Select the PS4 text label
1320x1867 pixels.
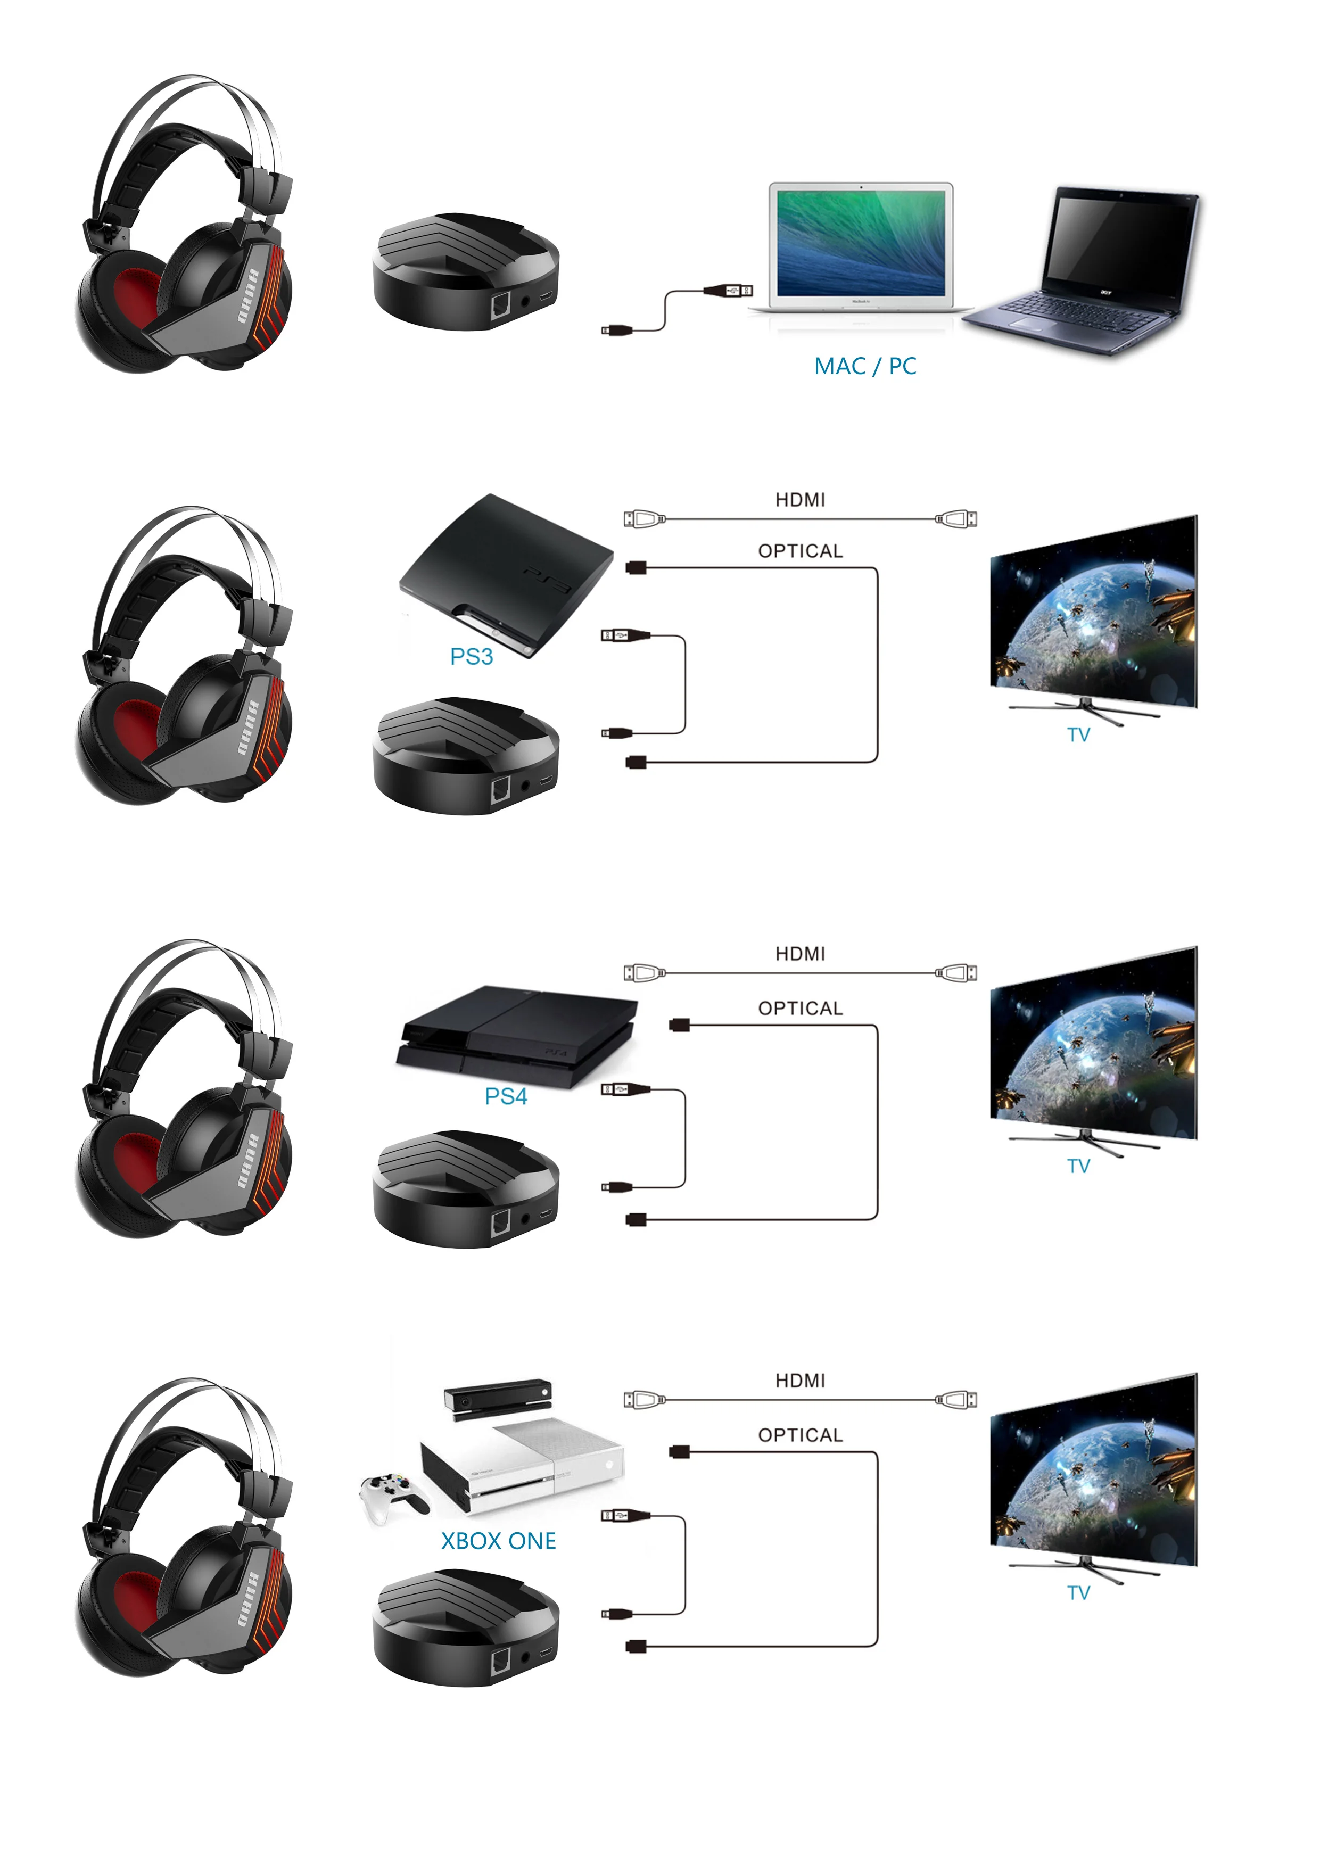506,1096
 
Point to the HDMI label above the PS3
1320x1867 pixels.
801,500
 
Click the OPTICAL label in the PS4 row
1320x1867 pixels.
801,1009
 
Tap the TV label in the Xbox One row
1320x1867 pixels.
1078,1593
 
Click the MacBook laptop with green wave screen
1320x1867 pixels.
861,248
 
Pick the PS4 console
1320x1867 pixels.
516,1037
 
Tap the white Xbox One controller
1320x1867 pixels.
393,1496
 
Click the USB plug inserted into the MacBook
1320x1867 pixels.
729,290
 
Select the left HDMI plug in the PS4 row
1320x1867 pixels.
644,972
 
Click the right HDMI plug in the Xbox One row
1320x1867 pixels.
956,1399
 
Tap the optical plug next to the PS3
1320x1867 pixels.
636,567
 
